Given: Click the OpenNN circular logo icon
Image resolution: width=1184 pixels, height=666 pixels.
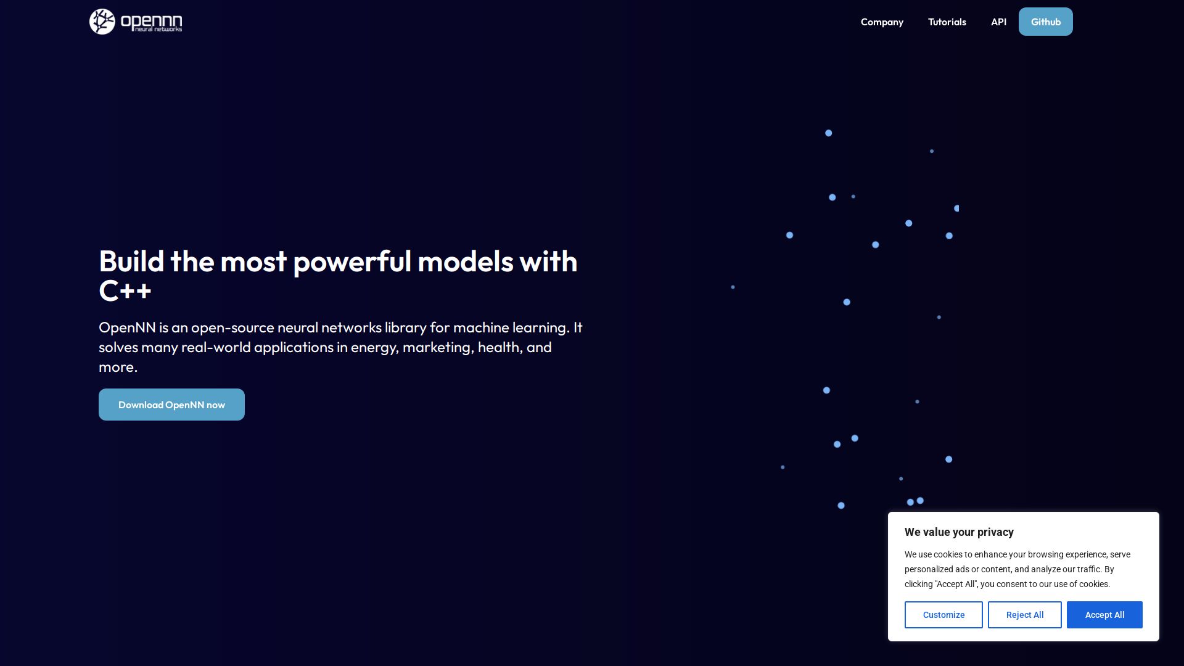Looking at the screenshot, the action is tap(102, 22).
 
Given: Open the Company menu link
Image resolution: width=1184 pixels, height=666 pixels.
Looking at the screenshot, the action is tap(882, 22).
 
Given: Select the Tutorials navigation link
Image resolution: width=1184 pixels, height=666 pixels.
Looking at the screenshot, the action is tap(947, 22).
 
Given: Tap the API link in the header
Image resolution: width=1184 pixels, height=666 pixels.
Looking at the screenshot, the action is tap(998, 22).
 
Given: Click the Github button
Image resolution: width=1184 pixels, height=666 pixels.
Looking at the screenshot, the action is tap(1046, 22).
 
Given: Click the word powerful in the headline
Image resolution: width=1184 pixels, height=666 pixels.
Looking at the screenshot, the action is tap(351, 262).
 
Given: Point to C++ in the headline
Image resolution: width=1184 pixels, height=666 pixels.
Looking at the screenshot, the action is tap(125, 291).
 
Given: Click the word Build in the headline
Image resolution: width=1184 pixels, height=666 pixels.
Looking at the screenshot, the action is tap(131, 261).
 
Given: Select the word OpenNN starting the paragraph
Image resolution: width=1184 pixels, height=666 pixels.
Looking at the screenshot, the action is tap(127, 327).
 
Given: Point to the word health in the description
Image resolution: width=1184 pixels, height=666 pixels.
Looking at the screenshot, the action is tap(501, 347).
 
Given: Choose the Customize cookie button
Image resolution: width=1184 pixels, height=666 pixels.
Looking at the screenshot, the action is tap(943, 615).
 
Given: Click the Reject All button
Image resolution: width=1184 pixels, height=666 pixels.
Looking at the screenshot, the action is tap(1025, 615).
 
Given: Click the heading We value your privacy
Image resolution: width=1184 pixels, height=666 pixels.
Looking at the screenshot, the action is tap(959, 532).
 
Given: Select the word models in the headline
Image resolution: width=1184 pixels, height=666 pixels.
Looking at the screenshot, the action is tap(466, 261).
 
